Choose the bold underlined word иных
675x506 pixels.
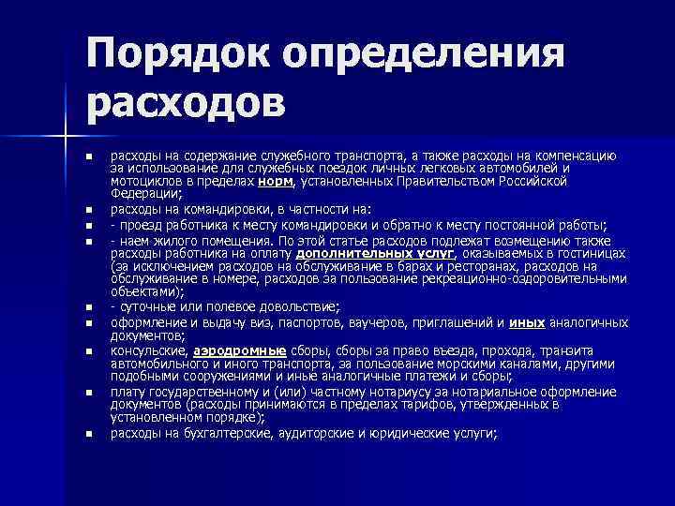528,322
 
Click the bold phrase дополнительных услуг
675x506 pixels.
376,253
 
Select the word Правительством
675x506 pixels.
449,181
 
